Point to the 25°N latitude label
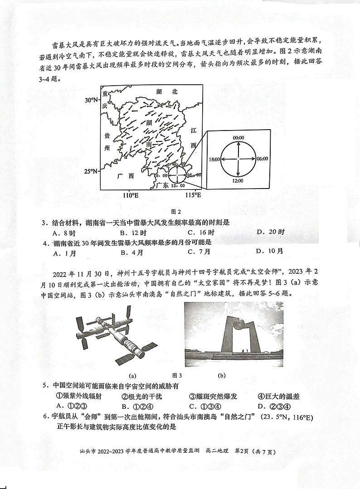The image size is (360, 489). (x=92, y=171)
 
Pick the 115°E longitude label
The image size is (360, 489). (x=192, y=195)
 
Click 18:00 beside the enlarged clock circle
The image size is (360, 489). (x=214, y=160)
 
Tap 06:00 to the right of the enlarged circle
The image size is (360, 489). (x=262, y=160)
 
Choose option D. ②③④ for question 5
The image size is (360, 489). (x=273, y=406)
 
